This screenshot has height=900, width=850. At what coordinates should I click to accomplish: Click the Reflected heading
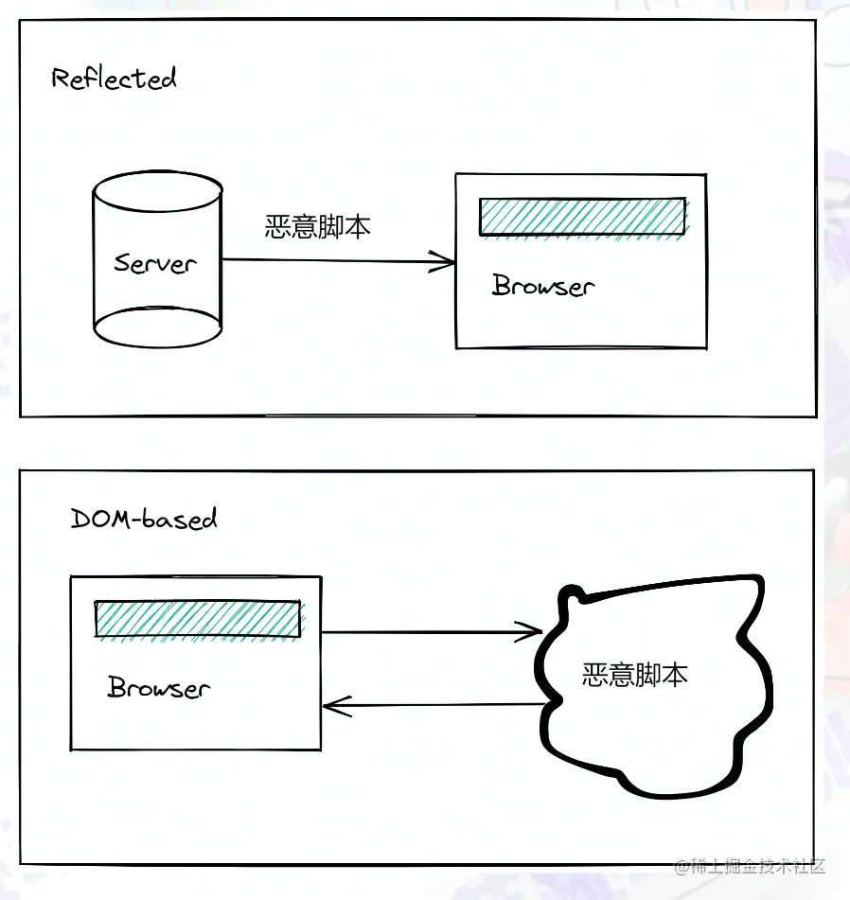pos(114,78)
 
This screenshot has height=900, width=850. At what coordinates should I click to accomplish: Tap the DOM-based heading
pos(144,518)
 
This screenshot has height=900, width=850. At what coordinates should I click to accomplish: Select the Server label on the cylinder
pos(154,262)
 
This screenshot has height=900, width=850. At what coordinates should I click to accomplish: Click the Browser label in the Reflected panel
pos(543,286)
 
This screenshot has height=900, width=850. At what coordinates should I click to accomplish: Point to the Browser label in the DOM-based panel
pos(158,687)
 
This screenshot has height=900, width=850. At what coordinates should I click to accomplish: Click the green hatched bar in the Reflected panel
pos(582,217)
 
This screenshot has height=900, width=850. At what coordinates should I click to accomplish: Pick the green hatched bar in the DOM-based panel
pos(198,619)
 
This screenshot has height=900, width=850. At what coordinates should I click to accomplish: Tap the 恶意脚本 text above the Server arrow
pos(317,227)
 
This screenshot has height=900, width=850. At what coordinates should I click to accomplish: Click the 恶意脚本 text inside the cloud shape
pos(634,674)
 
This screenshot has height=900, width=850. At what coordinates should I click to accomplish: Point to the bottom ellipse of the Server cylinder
pos(157,327)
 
